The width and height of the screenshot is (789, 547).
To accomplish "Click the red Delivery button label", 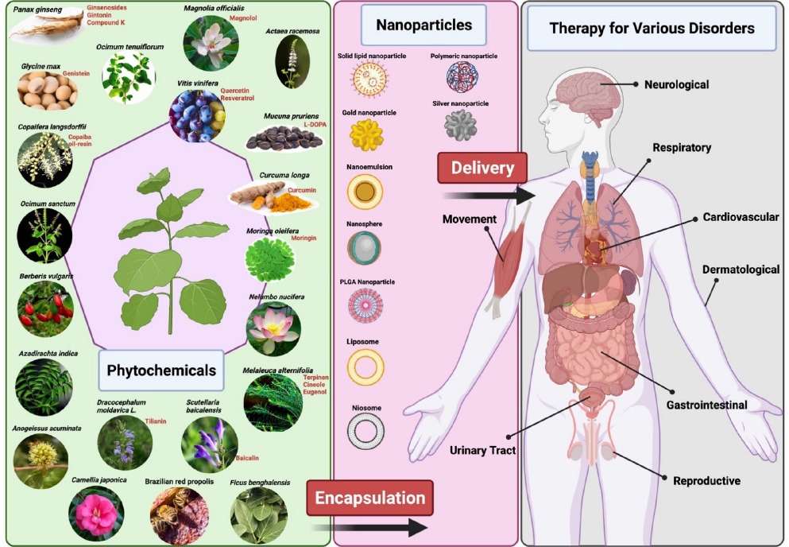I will click(482, 168).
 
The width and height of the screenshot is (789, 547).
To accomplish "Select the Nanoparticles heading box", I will click(424, 25).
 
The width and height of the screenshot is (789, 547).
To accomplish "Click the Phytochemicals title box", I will click(161, 370).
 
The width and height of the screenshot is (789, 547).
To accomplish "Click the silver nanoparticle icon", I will click(460, 126).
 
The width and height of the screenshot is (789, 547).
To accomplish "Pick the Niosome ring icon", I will click(366, 429).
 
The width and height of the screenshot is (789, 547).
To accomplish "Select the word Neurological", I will click(676, 84).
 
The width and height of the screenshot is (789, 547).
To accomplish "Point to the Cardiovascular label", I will click(741, 217).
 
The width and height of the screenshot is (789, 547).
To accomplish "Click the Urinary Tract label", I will click(482, 450).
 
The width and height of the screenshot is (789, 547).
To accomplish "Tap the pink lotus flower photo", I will click(273, 327).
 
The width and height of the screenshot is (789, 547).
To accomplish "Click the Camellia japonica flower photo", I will click(95, 513).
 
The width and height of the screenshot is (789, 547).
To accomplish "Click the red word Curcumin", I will click(302, 190).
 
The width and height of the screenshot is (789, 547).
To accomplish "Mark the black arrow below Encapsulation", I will click(369, 527).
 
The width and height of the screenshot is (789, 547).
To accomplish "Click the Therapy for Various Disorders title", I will click(652, 29).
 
